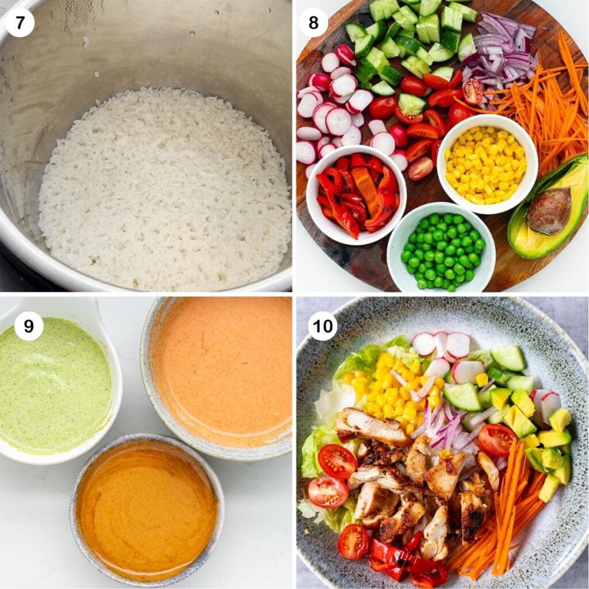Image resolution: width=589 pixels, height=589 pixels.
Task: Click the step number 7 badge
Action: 20,23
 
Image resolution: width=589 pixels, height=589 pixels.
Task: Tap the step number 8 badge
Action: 314,23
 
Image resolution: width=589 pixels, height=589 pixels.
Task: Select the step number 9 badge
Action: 28,327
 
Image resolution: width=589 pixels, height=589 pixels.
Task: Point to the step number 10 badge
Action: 322,326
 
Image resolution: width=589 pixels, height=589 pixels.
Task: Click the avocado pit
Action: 549,211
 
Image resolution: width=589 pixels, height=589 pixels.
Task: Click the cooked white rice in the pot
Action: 164,190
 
